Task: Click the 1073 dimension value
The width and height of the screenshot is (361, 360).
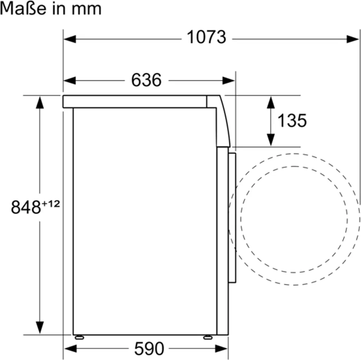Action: point(206,37)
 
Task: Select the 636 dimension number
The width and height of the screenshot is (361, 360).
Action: point(146,80)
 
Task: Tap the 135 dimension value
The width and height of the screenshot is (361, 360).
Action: point(292,120)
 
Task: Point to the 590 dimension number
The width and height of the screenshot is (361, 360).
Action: point(149,349)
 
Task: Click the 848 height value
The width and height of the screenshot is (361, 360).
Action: point(26,207)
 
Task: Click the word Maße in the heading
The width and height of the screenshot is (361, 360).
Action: point(23,8)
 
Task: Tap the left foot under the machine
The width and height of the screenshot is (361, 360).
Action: point(80,337)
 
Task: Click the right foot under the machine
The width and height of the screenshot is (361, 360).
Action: point(208,337)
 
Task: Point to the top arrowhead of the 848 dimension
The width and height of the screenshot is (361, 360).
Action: point(40,102)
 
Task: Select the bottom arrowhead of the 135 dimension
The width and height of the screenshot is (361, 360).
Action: point(270,140)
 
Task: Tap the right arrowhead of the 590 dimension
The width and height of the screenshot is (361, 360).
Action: point(222,349)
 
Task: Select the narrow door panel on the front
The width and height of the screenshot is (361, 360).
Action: point(232,217)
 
